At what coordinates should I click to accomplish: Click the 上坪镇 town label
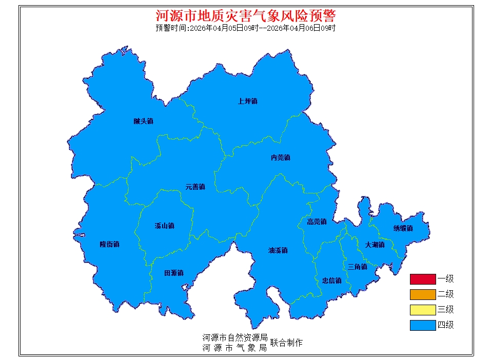point(247,101)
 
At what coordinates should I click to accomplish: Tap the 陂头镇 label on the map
point(143,122)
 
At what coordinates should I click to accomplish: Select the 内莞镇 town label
point(280,157)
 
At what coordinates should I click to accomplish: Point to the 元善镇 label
point(195,187)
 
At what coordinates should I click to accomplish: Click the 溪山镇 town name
point(164,226)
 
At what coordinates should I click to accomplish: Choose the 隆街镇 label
point(109,244)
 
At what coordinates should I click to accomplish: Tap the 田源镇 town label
point(173,273)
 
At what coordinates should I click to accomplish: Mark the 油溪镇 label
point(278,250)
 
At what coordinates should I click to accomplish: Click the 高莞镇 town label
point(317,222)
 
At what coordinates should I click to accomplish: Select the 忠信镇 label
point(331,281)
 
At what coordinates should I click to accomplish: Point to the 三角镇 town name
point(357,267)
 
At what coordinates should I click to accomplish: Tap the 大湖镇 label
point(375,245)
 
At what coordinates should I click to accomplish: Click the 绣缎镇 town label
point(403,228)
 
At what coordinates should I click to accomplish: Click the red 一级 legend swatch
point(422,279)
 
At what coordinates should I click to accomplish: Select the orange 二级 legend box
point(422,294)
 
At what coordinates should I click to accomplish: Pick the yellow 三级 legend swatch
point(422,310)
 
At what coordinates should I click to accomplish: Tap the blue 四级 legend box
point(422,325)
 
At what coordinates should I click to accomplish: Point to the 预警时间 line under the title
point(245,28)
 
